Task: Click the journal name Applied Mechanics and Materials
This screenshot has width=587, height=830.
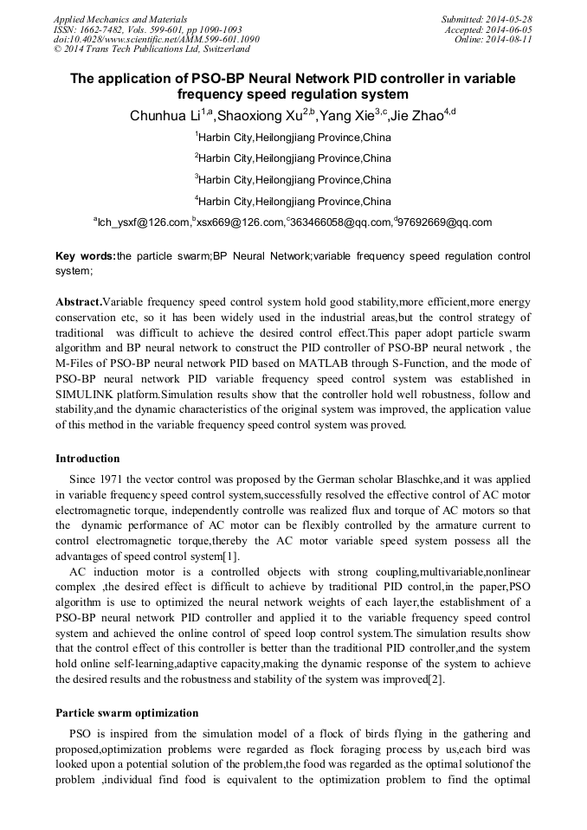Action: click(120, 18)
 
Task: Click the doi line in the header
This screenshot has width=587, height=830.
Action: click(156, 39)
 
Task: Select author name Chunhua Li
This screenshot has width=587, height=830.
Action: click(164, 116)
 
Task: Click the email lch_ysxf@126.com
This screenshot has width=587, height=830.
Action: click(143, 222)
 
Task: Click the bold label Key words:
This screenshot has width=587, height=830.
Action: click(85, 256)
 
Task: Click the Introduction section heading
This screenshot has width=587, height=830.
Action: click(87, 458)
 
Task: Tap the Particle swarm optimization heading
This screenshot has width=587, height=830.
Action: click(126, 713)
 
